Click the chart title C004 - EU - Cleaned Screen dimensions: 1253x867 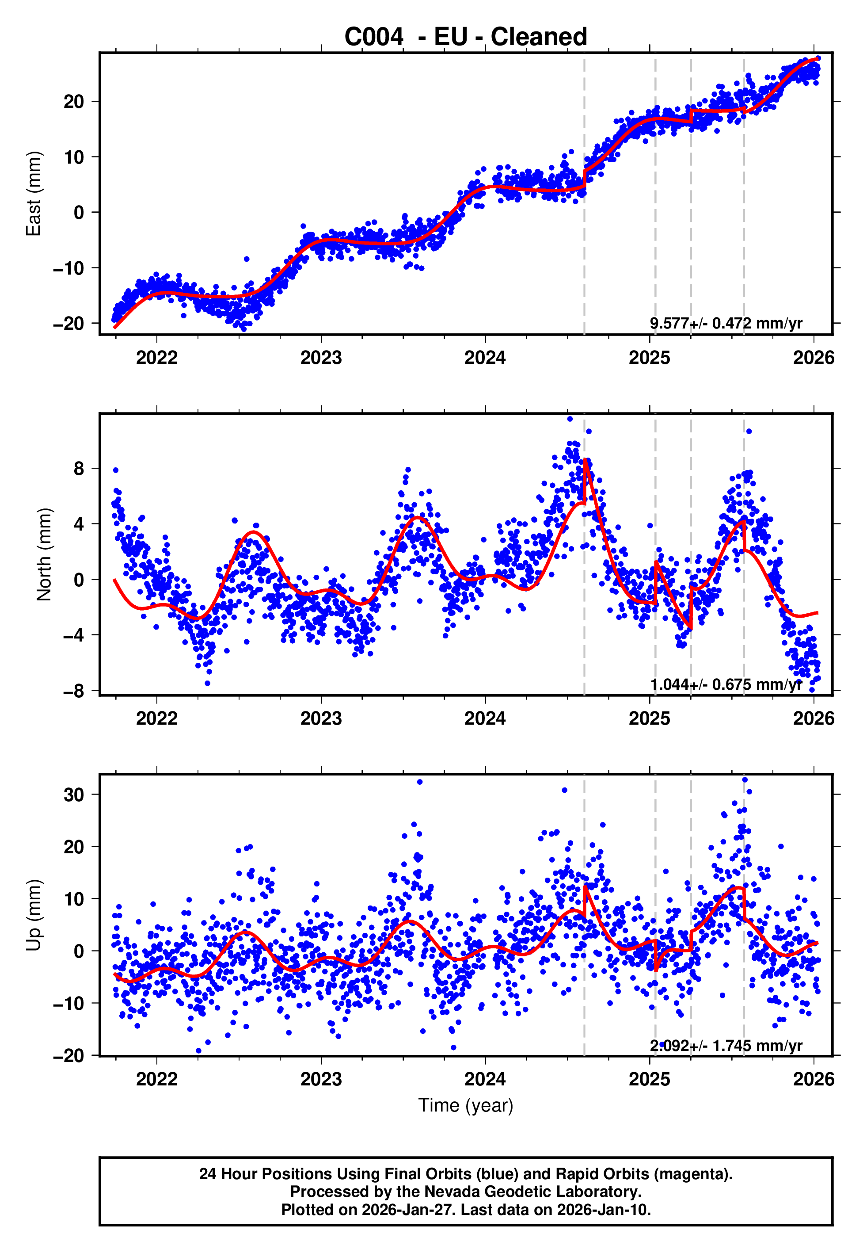click(466, 37)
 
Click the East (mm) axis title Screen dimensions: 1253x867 click(34, 194)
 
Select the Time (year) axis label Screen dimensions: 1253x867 click(466, 1105)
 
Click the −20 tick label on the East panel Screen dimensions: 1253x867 click(68, 323)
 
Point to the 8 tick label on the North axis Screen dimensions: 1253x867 click(79, 468)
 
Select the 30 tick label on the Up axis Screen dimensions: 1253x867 click(74, 795)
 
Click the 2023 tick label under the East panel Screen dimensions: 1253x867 click(321, 358)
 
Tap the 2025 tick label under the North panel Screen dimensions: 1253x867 click(649, 718)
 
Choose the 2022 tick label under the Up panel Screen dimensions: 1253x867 click(156, 1079)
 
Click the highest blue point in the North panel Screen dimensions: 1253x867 click(570, 419)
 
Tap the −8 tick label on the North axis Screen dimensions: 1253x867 click(74, 691)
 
